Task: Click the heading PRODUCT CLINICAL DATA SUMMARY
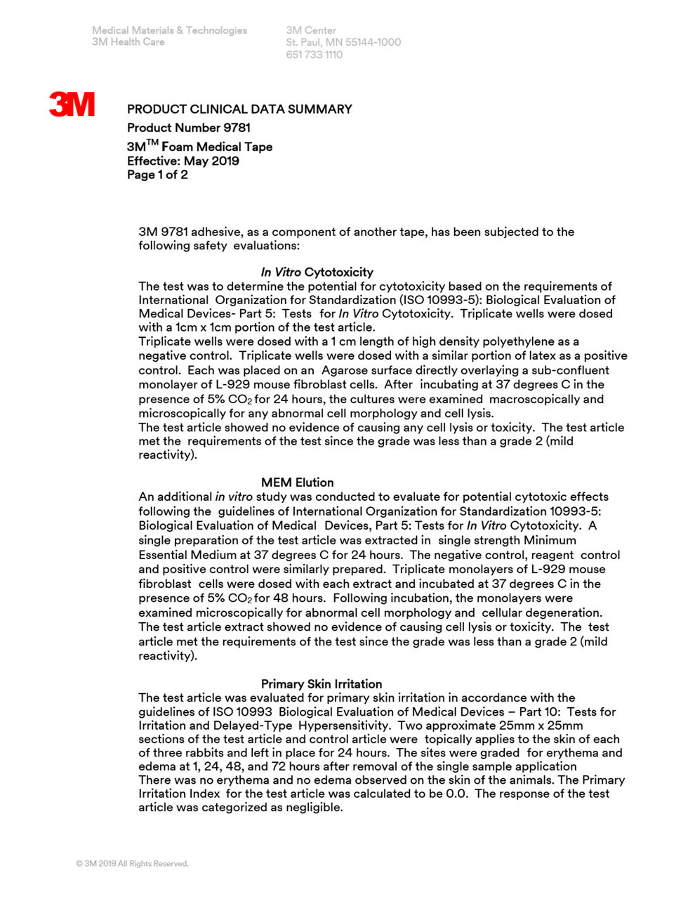click(239, 109)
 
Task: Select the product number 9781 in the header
click(237, 128)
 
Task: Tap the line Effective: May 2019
click(183, 161)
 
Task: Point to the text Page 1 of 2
click(157, 175)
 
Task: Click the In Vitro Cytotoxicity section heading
click(317, 272)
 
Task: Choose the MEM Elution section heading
click(297, 483)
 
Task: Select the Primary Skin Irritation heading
click(322, 684)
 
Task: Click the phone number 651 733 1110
click(314, 55)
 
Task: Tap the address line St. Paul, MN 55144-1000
click(343, 42)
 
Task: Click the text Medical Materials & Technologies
click(169, 30)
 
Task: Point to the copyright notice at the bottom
click(132, 863)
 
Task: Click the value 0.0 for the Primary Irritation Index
click(456, 794)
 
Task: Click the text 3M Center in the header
click(310, 30)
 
